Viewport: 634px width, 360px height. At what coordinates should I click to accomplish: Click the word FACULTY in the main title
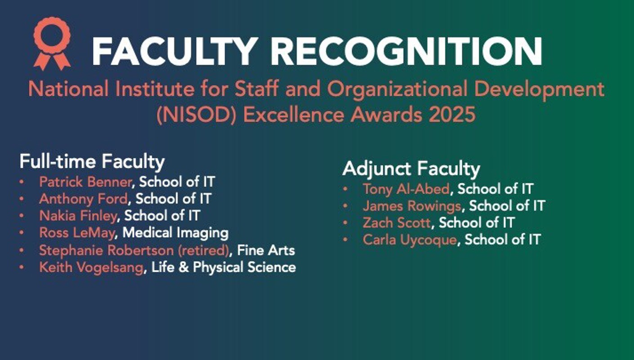click(173, 52)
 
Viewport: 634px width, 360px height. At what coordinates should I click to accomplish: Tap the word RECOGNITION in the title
click(406, 52)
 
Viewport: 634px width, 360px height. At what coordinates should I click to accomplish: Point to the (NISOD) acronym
click(196, 115)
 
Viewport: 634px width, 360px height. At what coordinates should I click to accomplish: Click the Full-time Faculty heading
click(92, 162)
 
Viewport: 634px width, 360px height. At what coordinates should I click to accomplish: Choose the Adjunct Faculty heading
click(411, 169)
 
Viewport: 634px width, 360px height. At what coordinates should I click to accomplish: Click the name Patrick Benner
click(85, 182)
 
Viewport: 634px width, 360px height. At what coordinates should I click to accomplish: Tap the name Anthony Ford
click(83, 199)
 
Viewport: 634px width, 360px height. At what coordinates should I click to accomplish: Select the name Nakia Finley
click(78, 216)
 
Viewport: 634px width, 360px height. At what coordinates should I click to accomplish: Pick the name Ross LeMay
click(77, 233)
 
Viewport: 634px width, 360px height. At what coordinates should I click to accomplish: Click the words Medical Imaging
click(175, 233)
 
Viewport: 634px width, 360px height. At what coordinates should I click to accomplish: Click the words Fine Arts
click(266, 250)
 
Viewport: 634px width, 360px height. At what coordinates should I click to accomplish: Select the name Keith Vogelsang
click(91, 268)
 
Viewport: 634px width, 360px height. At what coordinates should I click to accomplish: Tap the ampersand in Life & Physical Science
click(184, 267)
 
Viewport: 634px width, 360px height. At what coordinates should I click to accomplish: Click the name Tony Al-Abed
click(406, 189)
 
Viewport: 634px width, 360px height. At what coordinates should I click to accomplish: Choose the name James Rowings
click(412, 206)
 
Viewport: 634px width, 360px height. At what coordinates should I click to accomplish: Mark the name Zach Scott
click(397, 223)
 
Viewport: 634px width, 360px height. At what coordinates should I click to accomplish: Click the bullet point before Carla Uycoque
click(345, 240)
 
